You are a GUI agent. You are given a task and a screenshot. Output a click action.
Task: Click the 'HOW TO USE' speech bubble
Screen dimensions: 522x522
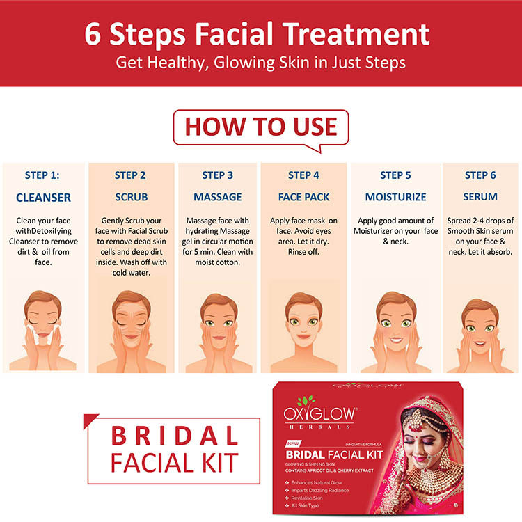coord(261,128)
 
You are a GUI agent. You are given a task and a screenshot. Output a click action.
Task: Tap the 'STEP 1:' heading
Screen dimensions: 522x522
coord(42,175)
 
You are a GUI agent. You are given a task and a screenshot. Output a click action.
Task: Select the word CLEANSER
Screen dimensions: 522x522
coord(43,198)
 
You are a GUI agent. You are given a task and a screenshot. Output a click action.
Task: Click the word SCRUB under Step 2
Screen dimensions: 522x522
coord(131,197)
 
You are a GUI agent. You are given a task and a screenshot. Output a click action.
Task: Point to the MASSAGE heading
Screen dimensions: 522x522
coord(218,197)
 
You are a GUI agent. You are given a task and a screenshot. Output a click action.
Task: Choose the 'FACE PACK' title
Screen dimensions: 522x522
coord(303,197)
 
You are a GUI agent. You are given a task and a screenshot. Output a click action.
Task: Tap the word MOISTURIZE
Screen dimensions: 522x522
coord(395,197)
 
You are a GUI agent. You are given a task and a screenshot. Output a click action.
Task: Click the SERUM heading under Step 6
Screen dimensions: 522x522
coord(480,197)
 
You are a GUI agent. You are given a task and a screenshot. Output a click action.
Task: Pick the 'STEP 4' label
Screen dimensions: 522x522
coord(303,175)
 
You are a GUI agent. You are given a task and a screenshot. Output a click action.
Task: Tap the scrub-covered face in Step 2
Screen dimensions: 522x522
coord(131,319)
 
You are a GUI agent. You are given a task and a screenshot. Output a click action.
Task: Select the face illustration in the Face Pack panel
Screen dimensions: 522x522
coord(303,319)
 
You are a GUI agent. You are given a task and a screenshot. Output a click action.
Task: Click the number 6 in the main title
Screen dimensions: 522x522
coord(92,34)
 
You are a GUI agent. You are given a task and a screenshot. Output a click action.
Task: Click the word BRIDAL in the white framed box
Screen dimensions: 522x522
coord(175,436)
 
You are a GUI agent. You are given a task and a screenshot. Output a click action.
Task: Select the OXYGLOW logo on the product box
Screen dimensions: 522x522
coord(320,414)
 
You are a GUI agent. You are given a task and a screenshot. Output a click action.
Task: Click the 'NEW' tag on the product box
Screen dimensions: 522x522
coord(293,443)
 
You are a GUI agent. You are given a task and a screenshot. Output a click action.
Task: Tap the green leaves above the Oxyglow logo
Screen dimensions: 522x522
coord(307,400)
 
